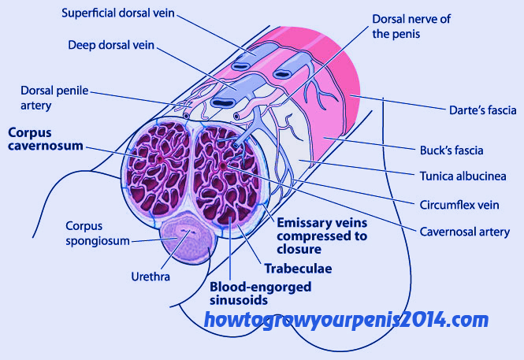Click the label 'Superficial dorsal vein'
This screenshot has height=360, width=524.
pos(118,13)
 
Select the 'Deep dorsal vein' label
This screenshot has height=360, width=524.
pos(111,45)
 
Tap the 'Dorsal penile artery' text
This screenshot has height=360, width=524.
pos(54,98)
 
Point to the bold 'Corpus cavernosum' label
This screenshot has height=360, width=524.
pos(46,139)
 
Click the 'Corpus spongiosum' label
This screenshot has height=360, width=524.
pos(97,233)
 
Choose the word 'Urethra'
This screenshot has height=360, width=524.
pos(151,276)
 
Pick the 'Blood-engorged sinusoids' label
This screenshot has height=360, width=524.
pos(260,293)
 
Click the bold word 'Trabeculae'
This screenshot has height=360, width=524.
pos(298,269)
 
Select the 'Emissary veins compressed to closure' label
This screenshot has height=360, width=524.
pos(322,236)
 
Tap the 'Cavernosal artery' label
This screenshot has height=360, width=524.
pos(465,232)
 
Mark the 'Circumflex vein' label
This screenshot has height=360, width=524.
pos(459,205)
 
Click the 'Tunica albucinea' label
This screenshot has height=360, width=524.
pos(463,176)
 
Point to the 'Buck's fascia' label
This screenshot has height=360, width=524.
pos(452,150)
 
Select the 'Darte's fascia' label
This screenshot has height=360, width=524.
pos(482,109)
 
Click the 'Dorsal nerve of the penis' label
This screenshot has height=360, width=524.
pos(411,26)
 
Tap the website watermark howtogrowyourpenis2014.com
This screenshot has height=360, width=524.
pos(346,320)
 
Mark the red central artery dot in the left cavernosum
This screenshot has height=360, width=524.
pos(160,159)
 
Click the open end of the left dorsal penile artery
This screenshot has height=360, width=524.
pos(186,116)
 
